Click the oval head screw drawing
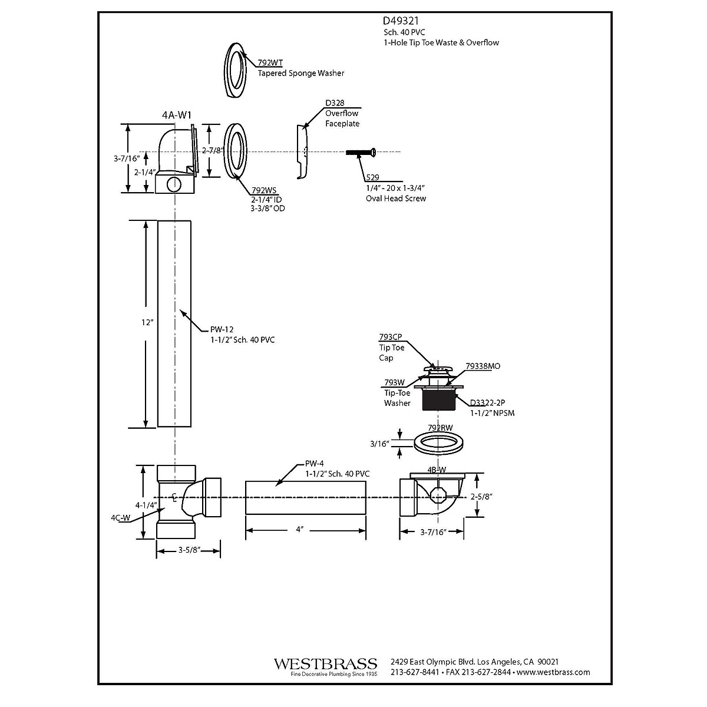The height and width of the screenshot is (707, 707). tap(361, 152)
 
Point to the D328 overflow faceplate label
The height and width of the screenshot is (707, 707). tap(335, 103)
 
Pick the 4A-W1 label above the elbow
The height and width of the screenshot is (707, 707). tap(177, 115)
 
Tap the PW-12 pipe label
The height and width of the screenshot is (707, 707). tap(222, 330)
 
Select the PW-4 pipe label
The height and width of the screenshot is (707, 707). tap(315, 463)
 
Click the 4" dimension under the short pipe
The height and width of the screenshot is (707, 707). tap(299, 530)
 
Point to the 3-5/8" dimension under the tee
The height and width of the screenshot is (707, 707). tap(190, 550)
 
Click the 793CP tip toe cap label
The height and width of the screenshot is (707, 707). tap(390, 337)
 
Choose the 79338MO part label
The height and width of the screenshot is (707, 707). tap(483, 366)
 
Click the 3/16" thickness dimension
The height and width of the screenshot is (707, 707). tap(380, 443)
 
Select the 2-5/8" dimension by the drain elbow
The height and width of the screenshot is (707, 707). tap(481, 497)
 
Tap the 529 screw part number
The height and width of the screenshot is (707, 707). tap(372, 177)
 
